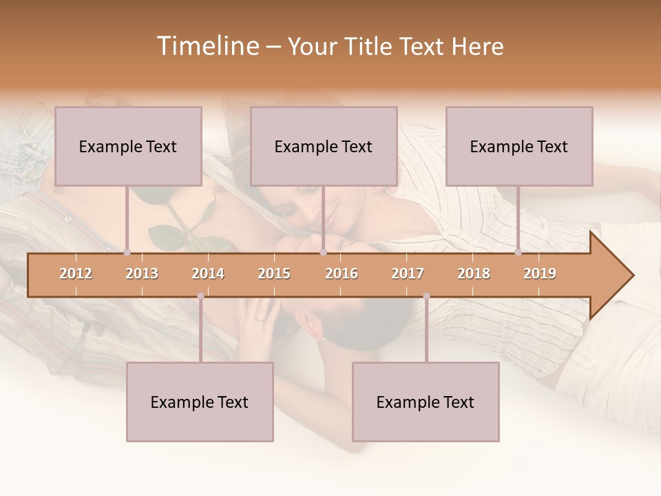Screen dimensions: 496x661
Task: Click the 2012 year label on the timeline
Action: (x=76, y=273)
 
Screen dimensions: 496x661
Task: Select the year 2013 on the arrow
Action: (x=142, y=273)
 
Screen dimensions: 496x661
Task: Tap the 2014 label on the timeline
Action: (x=208, y=273)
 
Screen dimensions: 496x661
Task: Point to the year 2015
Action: (x=274, y=273)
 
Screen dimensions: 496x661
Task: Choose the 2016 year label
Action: (x=342, y=273)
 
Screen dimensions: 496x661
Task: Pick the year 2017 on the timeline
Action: (x=408, y=273)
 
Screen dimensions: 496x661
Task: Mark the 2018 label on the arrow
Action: (x=474, y=273)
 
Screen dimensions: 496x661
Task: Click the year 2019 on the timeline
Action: (x=540, y=273)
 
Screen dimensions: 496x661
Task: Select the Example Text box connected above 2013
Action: (x=128, y=146)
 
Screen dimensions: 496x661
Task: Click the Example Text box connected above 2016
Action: (x=324, y=146)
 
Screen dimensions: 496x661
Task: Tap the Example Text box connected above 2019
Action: (x=519, y=146)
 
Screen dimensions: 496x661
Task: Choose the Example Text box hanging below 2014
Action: (x=200, y=402)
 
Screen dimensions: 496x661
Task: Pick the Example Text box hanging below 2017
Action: (x=426, y=402)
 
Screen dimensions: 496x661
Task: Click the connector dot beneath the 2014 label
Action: (x=200, y=296)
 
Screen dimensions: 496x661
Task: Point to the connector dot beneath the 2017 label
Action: (x=426, y=296)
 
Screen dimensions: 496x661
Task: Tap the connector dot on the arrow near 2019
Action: (x=518, y=252)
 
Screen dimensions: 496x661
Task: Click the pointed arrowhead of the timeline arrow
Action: (x=616, y=275)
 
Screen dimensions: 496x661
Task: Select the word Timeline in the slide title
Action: (x=207, y=46)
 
